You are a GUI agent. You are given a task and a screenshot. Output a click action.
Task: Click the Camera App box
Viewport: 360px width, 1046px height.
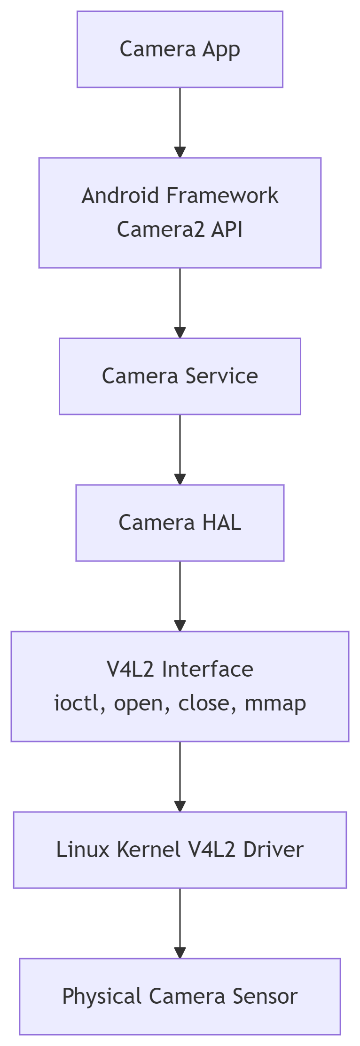[180, 49]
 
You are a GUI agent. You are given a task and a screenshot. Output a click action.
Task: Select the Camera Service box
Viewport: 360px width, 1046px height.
[180, 376]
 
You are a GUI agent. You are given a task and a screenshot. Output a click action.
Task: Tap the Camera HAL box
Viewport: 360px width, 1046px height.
[180, 523]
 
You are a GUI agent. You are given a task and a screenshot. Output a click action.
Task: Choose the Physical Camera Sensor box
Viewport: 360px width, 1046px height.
[180, 996]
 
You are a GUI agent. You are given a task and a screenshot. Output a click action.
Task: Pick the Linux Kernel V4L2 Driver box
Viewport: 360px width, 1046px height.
[180, 850]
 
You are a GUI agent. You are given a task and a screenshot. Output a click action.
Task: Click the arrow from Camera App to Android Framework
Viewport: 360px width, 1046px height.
[180, 122]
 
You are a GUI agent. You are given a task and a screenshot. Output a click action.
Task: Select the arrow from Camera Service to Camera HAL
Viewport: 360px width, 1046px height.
[180, 449]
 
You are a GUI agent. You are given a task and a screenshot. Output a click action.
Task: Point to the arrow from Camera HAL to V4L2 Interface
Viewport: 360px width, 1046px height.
[180, 596]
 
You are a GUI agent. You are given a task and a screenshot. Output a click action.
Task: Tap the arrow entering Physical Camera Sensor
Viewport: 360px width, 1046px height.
[180, 923]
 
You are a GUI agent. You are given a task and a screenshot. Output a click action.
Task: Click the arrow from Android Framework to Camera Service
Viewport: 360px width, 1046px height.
[180, 303]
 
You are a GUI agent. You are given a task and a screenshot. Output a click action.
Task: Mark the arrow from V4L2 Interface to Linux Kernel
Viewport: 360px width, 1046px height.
[180, 776]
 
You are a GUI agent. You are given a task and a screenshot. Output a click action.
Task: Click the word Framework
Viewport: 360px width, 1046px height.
[222, 195]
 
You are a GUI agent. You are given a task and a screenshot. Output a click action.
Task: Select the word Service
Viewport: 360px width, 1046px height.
[221, 376]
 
